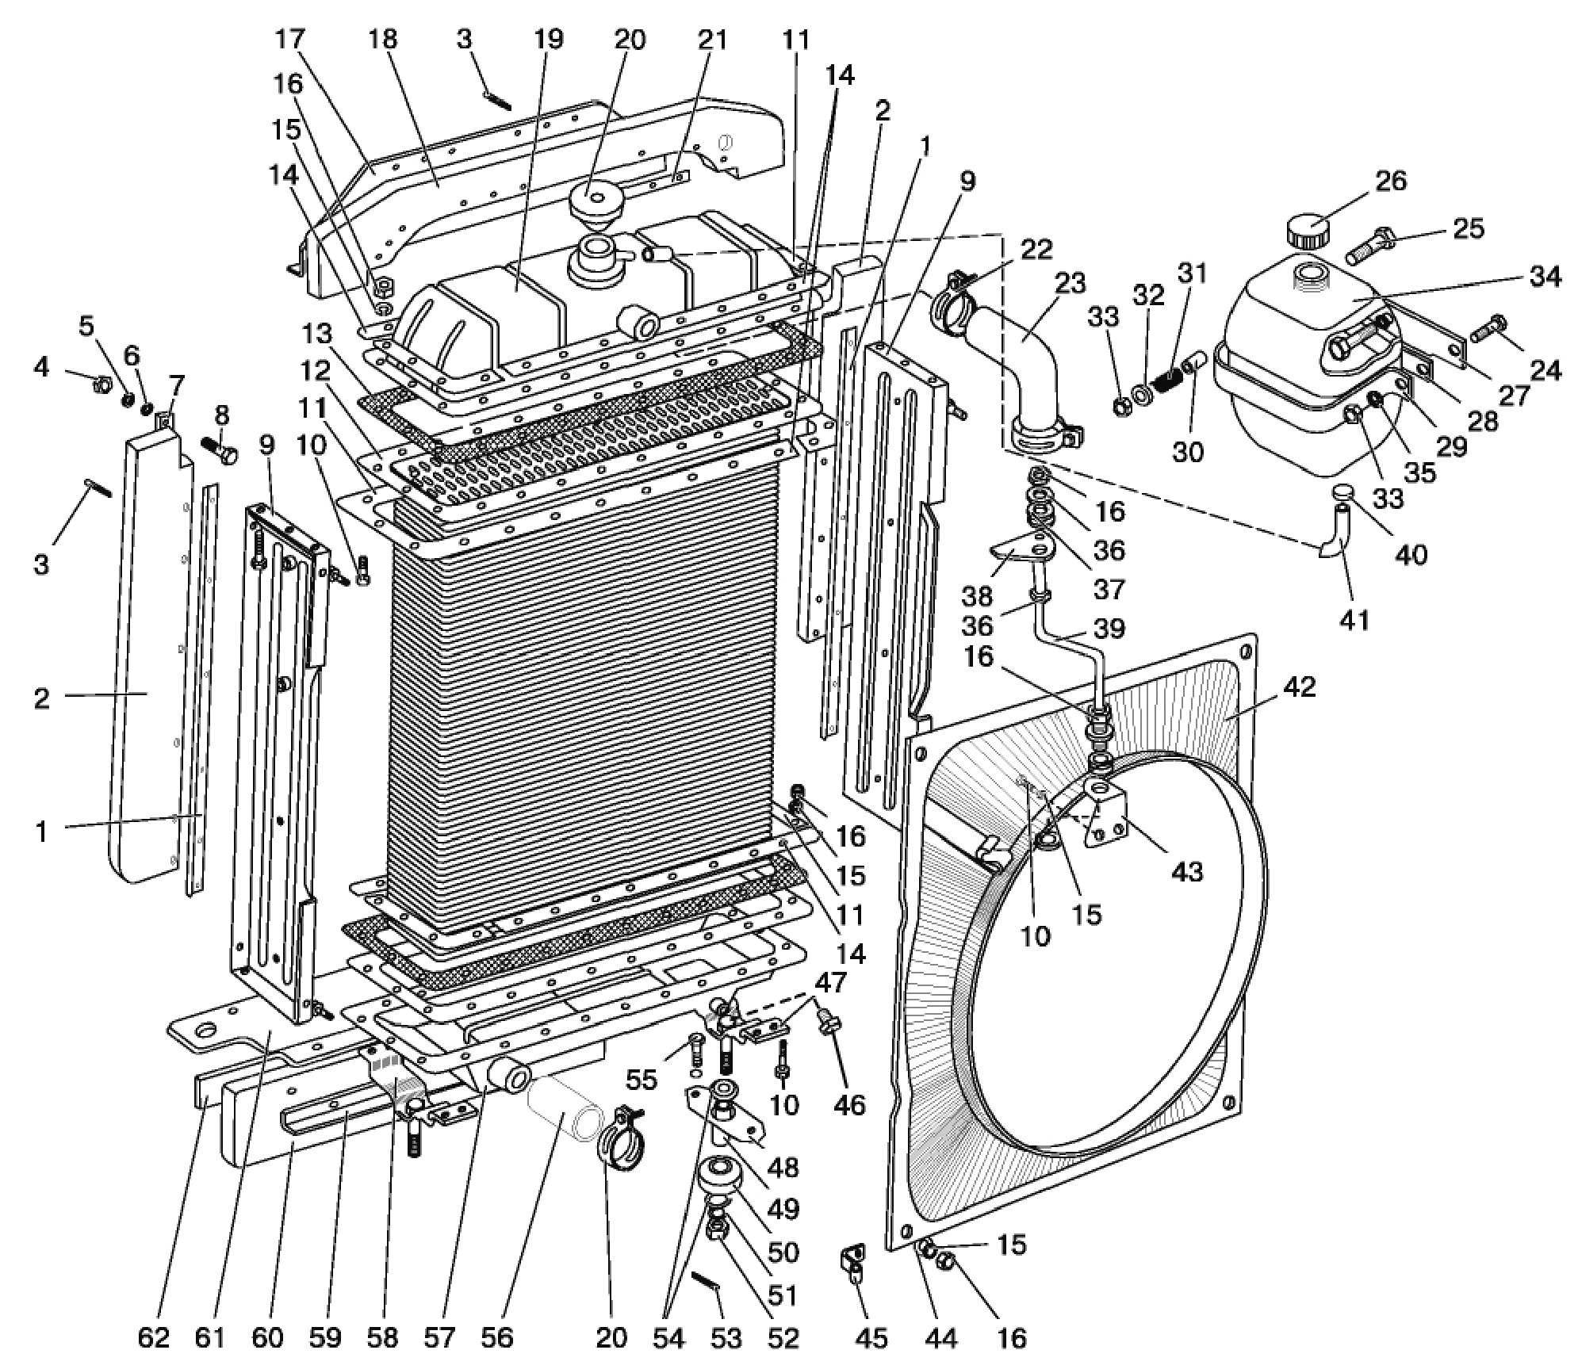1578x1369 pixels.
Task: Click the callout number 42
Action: click(1296, 686)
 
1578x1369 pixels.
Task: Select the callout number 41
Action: click(1354, 619)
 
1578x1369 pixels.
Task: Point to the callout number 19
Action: click(548, 40)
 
